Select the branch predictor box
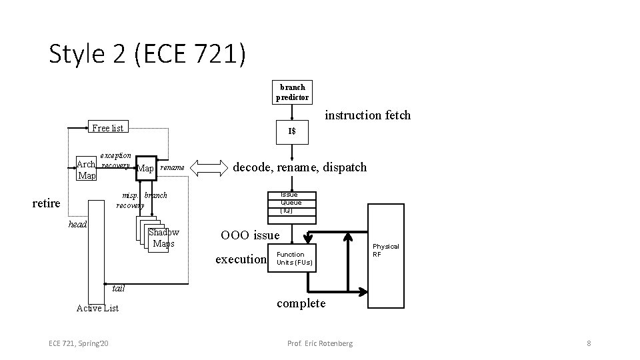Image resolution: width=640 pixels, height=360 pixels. pyautogui.click(x=292, y=92)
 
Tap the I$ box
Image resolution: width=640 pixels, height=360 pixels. pyautogui.click(x=292, y=131)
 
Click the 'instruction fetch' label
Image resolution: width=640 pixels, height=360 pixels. pyautogui.click(x=367, y=115)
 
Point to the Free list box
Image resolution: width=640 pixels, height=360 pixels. pyautogui.click(x=107, y=128)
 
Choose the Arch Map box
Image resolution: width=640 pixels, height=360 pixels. pyautogui.click(x=86, y=170)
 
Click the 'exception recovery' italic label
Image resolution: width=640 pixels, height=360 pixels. pyautogui.click(x=115, y=160)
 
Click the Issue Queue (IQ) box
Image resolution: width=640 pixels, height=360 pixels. pyautogui.click(x=291, y=203)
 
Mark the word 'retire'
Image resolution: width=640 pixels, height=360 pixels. pyautogui.click(x=47, y=203)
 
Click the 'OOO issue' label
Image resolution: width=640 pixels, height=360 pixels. pyautogui.click(x=250, y=235)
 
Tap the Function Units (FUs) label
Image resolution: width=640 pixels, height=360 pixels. pyautogui.click(x=291, y=259)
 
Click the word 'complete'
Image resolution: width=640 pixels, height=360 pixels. pyautogui.click(x=301, y=303)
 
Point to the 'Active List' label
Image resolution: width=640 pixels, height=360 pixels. pyautogui.click(x=97, y=308)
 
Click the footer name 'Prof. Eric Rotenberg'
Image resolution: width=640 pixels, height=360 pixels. pyautogui.click(x=320, y=343)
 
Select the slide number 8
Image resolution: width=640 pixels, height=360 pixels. pyautogui.click(x=589, y=343)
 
